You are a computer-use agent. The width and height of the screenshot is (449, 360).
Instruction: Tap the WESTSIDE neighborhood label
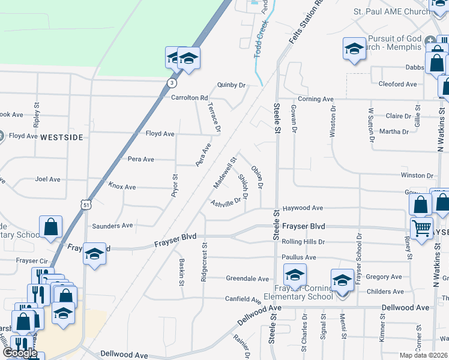coord(61,137)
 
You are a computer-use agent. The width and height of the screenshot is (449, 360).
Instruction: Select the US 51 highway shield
coord(88,204)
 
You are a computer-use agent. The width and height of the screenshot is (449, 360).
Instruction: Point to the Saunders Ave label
coord(112,226)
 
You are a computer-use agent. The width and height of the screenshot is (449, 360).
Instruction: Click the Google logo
coord(20,353)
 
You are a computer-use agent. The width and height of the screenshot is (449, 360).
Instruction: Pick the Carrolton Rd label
coord(189,97)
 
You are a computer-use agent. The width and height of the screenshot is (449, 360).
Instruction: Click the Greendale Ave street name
coord(247,278)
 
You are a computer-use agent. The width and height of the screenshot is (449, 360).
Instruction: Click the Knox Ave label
coord(122,187)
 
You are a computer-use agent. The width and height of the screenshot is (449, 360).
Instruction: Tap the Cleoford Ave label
coord(397,84)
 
